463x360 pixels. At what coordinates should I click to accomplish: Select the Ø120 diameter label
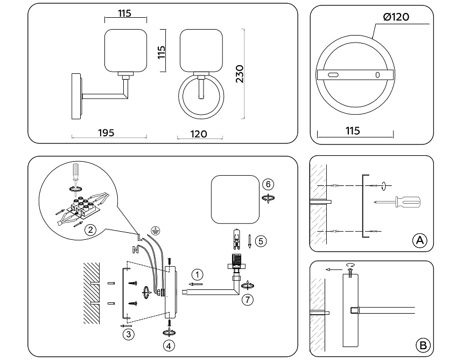396,17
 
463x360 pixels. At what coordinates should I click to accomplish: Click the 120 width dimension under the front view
199,134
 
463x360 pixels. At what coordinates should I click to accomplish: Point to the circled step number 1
198,273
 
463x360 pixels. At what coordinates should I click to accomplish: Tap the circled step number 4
170,345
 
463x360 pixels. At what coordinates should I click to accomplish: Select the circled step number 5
261,240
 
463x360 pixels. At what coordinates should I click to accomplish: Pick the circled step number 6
268,184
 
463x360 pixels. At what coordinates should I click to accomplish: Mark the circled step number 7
248,299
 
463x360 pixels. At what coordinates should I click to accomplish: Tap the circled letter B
423,344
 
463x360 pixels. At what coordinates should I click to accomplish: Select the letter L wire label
139,236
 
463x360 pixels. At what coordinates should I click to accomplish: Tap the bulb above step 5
235,239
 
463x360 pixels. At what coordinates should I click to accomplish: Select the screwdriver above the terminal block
76,172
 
